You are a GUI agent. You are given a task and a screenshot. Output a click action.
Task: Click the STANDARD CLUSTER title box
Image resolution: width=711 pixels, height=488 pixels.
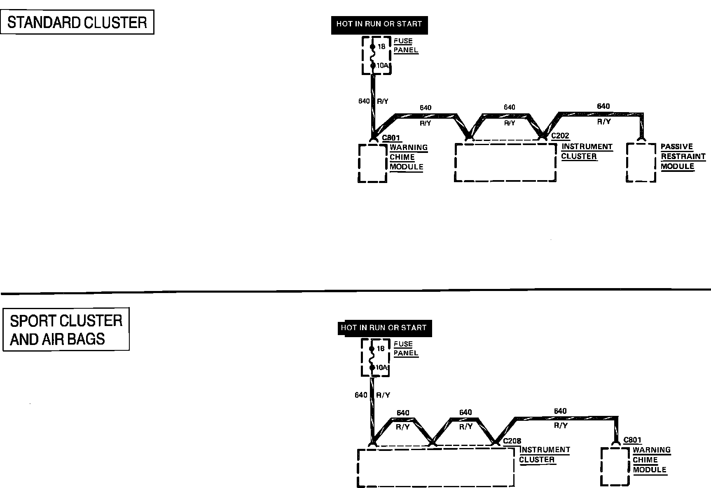pyautogui.click(x=77, y=22)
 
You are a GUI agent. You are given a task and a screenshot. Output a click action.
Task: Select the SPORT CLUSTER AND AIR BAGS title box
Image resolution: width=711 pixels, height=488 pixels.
pyautogui.click(x=66, y=329)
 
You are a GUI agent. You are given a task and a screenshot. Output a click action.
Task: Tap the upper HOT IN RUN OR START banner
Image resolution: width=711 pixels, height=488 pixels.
pyautogui.click(x=379, y=24)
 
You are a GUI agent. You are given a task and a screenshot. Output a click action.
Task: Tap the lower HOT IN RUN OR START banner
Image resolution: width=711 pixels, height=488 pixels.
pyautogui.click(x=384, y=328)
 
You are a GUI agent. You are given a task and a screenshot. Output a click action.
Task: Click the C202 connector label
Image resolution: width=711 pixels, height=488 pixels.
pyautogui.click(x=560, y=136)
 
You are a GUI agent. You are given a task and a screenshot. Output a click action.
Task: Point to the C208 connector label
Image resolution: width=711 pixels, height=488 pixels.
pyautogui.click(x=512, y=441)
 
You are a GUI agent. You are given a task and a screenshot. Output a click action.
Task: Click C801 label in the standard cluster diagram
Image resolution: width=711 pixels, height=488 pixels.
pyautogui.click(x=391, y=138)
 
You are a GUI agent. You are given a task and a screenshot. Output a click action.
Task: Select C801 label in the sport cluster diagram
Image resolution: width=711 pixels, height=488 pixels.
pyautogui.click(x=632, y=440)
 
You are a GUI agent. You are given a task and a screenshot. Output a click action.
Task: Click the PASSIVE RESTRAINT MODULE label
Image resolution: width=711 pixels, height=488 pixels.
pyautogui.click(x=683, y=157)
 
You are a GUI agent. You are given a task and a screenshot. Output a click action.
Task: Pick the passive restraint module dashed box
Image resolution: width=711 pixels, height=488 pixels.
pyautogui.click(x=641, y=162)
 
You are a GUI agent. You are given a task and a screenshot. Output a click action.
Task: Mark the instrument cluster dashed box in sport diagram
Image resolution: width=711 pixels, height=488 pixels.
pyautogui.click(x=435, y=467)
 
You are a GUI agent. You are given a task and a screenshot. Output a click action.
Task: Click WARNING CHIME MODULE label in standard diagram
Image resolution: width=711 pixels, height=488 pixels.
pyautogui.click(x=408, y=157)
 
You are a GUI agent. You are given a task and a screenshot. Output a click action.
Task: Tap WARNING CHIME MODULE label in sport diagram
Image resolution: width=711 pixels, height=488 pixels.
pyautogui.click(x=651, y=460)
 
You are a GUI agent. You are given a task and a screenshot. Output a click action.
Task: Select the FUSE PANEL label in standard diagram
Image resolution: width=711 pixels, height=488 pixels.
pyautogui.click(x=405, y=46)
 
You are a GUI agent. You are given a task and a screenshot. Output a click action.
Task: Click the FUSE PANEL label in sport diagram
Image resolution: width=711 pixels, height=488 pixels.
pyautogui.click(x=405, y=348)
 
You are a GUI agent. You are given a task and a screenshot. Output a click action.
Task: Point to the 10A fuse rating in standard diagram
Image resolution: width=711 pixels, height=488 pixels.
pyautogui.click(x=382, y=66)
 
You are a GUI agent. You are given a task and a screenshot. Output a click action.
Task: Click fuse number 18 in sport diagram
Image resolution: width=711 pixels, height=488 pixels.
pyautogui.click(x=381, y=349)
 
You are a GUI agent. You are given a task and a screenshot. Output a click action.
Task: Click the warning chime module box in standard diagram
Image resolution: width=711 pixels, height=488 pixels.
pyautogui.click(x=372, y=163)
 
